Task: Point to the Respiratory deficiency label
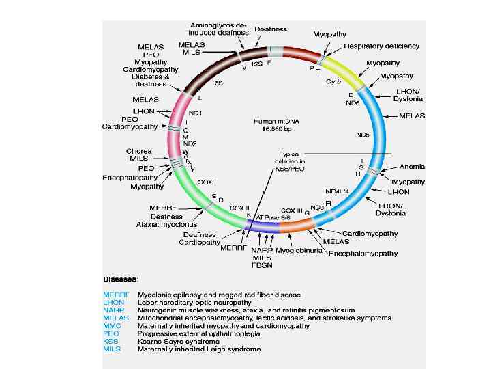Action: pyautogui.click(x=381, y=46)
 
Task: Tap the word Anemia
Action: pyautogui.click(x=412, y=165)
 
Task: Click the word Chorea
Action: pyautogui.click(x=138, y=151)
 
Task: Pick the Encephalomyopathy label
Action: pyautogui.click(x=363, y=254)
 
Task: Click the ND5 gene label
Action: pyautogui.click(x=362, y=135)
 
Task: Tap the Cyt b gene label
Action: pyautogui.click(x=333, y=80)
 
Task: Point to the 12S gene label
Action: pyautogui.click(x=256, y=63)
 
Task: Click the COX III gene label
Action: pyautogui.click(x=291, y=210)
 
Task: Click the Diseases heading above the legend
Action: pyautogui.click(x=121, y=279)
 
